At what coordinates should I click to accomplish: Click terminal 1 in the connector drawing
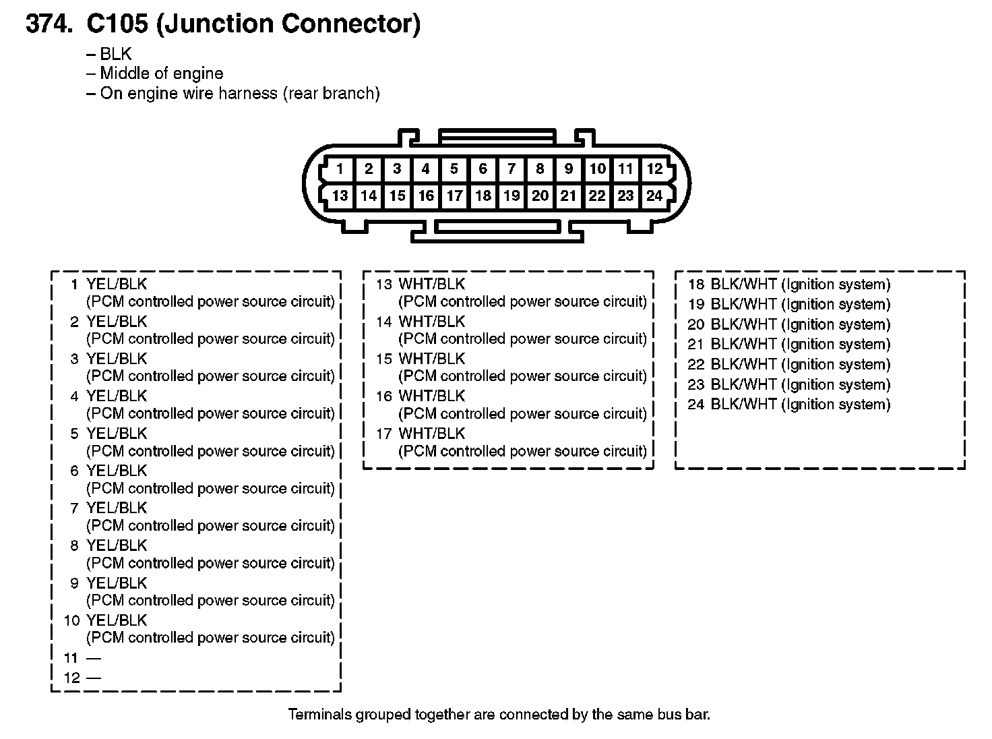pos(340,169)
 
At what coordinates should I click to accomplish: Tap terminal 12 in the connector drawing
pos(654,169)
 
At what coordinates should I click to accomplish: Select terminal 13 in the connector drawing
pos(340,196)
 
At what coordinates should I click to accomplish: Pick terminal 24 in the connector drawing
pos(654,196)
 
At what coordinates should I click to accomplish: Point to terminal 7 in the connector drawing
pos(511,169)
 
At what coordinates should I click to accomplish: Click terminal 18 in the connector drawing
pos(483,196)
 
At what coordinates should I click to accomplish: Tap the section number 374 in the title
pos(47,24)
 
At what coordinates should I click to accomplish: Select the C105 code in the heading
pos(117,24)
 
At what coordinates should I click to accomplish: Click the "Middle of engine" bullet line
pos(161,73)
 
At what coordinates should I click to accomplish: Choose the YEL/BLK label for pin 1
pos(117,284)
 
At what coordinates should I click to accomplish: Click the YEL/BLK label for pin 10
pos(117,620)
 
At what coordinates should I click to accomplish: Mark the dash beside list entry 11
pos(93,657)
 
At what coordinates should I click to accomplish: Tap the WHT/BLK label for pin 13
pos(431,284)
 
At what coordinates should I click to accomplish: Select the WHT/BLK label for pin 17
pos(431,433)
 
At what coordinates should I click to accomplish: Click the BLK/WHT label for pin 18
pos(743,284)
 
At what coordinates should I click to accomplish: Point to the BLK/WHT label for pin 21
pos(743,344)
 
